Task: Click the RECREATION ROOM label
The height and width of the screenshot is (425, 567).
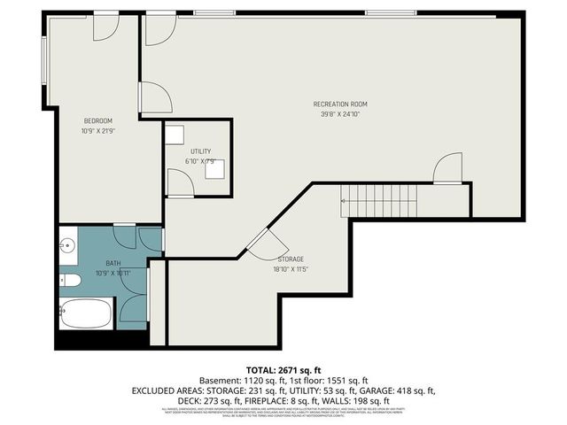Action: pyautogui.click(x=340, y=104)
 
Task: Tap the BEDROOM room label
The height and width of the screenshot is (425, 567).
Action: pyautogui.click(x=98, y=121)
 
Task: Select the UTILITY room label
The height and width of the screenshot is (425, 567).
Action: pyautogui.click(x=200, y=152)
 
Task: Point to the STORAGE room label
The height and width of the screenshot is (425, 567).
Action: pyautogui.click(x=291, y=259)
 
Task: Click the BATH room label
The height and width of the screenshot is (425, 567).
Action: pyautogui.click(x=113, y=264)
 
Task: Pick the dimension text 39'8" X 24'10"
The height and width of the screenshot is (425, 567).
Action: pyautogui.click(x=340, y=113)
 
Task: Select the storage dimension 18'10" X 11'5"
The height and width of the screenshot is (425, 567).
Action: pyautogui.click(x=291, y=269)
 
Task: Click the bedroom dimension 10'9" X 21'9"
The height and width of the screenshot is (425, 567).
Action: pyautogui.click(x=98, y=131)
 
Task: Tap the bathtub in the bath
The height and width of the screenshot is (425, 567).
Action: pyautogui.click(x=86, y=313)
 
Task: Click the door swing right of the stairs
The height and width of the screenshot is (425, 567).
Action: pyautogui.click(x=449, y=168)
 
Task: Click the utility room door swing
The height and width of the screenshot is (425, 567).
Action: pyautogui.click(x=181, y=183)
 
